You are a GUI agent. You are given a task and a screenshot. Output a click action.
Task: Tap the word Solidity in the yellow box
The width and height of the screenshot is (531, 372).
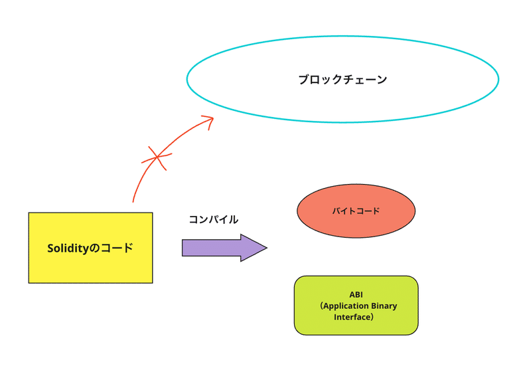(x=68, y=248)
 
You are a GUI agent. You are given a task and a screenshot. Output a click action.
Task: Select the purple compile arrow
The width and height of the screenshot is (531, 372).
(x=223, y=248)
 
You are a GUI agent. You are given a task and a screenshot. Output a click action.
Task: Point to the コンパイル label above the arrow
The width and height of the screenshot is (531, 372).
(x=213, y=219)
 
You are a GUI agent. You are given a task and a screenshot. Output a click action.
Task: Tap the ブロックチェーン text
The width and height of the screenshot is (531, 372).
(x=342, y=80)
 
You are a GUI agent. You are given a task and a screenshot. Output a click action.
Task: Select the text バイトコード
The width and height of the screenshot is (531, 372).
(x=356, y=211)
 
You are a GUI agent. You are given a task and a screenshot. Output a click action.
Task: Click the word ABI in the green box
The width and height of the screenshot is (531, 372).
(x=356, y=294)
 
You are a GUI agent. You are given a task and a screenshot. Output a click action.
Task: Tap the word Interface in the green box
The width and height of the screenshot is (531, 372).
(x=354, y=317)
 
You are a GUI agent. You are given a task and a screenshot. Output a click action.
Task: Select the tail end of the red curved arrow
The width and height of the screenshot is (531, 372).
(x=133, y=200)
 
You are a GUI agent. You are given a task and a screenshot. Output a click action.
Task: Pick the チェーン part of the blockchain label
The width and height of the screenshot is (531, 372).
(x=365, y=80)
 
